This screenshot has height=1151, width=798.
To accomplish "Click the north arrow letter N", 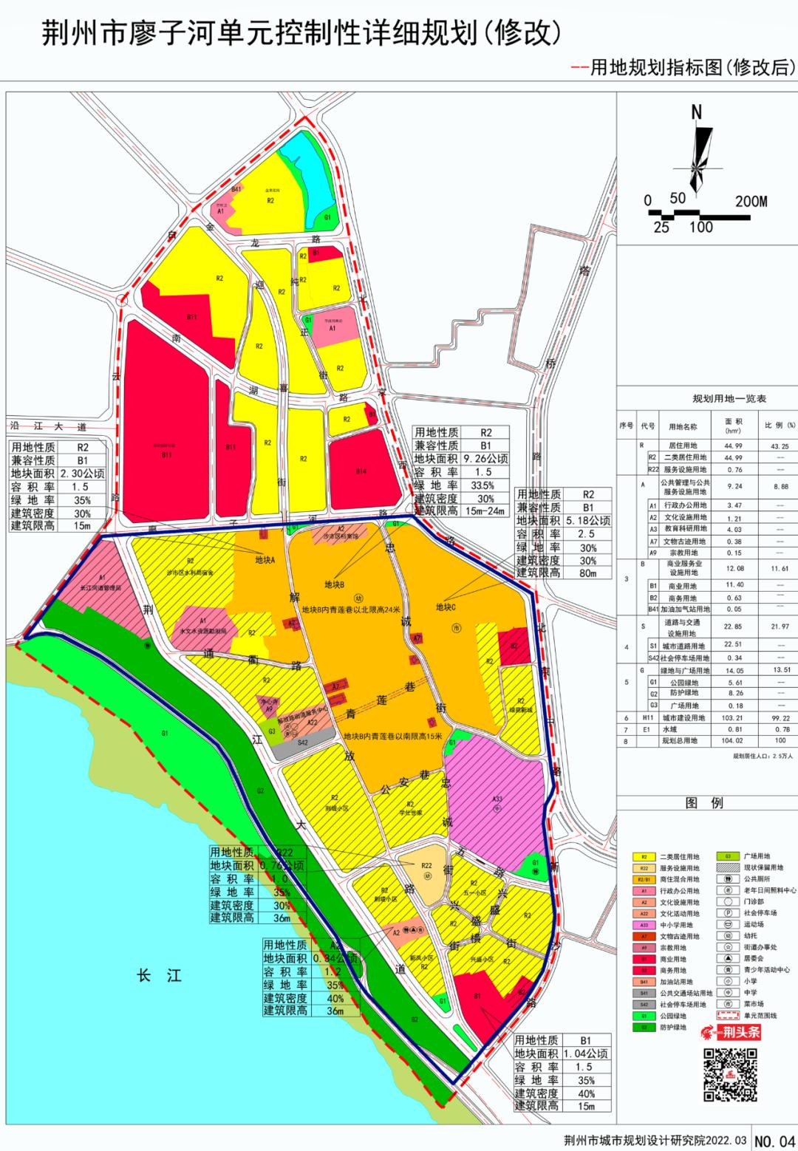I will pyautogui.click(x=696, y=113).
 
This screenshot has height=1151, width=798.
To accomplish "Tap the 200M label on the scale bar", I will pyautogui.click(x=751, y=201).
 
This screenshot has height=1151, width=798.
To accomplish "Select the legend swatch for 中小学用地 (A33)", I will pyautogui.click(x=644, y=924).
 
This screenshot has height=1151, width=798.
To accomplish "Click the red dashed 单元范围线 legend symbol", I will pyautogui.click(x=728, y=1015).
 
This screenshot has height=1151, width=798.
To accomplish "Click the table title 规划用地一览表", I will pyautogui.click(x=708, y=399).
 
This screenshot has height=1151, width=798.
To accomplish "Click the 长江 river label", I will pyautogui.click(x=159, y=975).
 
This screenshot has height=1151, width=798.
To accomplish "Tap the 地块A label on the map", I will pyautogui.click(x=264, y=559).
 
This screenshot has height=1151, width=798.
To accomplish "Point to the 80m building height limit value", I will pyautogui.click(x=588, y=572).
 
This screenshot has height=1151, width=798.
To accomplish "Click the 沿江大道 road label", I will pyautogui.click(x=46, y=427).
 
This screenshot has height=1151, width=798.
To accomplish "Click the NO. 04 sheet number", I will pyautogui.click(x=774, y=1140).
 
